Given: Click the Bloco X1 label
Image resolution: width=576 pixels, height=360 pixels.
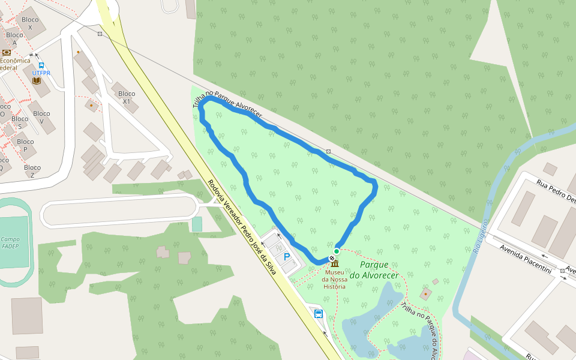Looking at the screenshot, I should (x=127, y=97).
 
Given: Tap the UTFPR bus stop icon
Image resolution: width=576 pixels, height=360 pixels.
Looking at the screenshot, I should (x=41, y=65).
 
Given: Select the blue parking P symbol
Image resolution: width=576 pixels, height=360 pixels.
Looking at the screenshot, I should (x=287, y=256).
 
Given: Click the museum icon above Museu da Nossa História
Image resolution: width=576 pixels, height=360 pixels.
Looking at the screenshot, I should (x=335, y=265).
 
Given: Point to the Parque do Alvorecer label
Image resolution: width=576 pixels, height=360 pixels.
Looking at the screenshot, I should (x=374, y=270).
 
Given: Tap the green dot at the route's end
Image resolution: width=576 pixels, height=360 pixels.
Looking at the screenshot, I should (x=337, y=251).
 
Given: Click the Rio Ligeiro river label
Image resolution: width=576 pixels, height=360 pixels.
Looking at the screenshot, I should (x=481, y=235).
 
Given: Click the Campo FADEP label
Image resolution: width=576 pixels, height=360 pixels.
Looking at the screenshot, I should (x=10, y=242).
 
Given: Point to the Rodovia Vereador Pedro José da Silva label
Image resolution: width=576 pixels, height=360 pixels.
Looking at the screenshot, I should (x=241, y=227).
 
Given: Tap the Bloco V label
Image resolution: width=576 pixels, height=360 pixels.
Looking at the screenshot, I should (x=42, y=117).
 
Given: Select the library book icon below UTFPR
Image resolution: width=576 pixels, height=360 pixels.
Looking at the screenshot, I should (x=37, y=80).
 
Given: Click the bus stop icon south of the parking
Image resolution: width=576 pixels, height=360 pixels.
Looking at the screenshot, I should (x=319, y=314).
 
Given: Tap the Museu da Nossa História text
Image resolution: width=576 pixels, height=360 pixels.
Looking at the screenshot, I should (x=334, y=279).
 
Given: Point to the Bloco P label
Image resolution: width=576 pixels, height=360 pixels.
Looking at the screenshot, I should (x=25, y=146).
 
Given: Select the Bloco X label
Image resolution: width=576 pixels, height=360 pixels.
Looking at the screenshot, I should (x=30, y=23).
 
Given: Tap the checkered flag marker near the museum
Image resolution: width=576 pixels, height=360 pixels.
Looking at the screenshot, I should (x=332, y=259).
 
